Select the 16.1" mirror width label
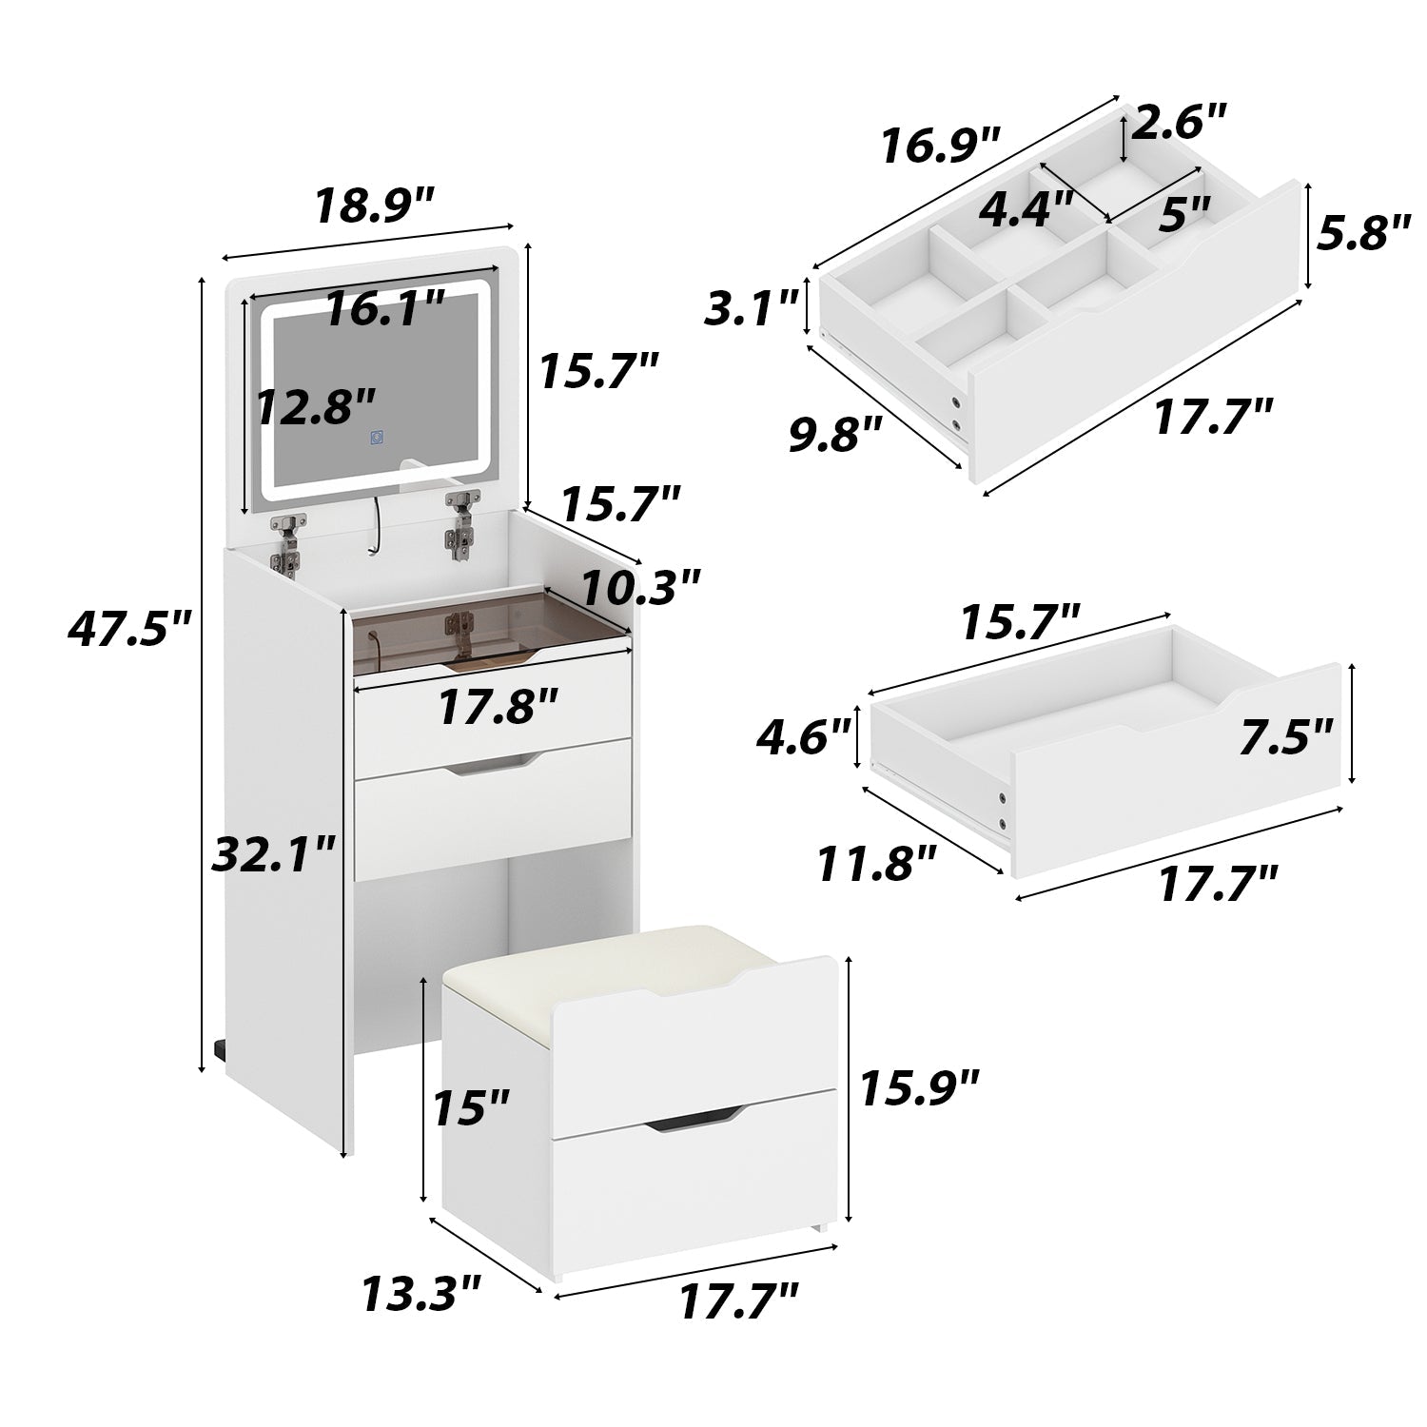pos(384,310)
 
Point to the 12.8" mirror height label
pos(317,407)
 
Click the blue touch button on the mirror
pos(379,439)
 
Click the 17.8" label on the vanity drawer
pos(498,707)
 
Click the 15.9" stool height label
pos(918,1087)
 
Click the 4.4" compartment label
pos(1026,208)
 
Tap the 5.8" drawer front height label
pos(1362,233)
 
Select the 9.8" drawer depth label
pos(837,437)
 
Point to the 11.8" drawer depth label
pos(878,866)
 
